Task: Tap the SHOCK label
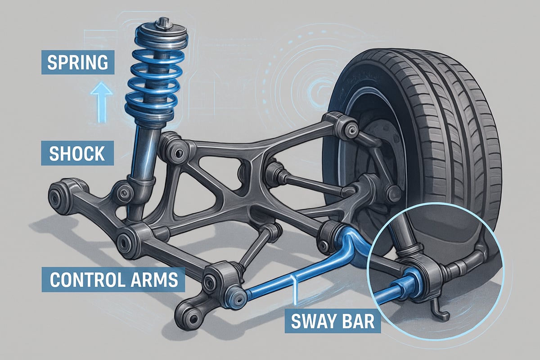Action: click(x=77, y=153)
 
